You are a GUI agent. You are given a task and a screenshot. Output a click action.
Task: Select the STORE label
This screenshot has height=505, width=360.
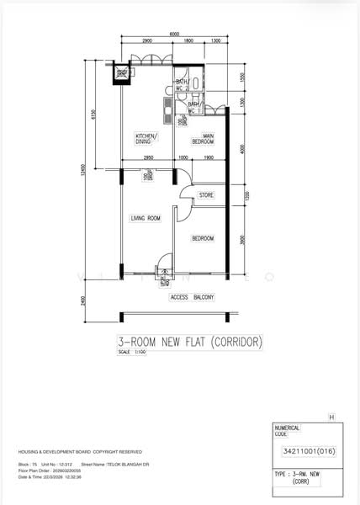206,195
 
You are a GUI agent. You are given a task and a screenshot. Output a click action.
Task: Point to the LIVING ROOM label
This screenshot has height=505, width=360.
145,219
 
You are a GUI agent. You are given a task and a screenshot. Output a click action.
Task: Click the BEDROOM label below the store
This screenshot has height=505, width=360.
202,238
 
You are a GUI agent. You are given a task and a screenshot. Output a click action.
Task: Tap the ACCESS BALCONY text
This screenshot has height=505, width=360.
193,297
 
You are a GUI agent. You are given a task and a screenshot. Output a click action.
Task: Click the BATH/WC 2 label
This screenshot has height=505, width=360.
182,84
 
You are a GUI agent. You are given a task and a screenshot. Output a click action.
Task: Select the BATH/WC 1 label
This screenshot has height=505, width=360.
193,108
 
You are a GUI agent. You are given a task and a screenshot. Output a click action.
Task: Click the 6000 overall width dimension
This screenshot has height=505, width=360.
174,34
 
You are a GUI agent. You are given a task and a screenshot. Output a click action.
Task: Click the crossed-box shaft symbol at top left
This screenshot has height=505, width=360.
123,73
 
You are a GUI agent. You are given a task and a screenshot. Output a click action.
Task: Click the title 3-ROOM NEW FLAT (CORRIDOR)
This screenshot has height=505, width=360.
190,342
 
